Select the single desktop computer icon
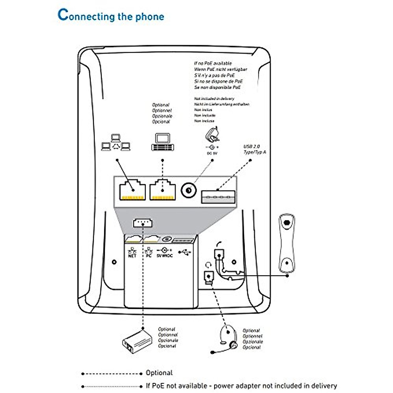[x=162, y=142]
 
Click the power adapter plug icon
[x=212, y=135]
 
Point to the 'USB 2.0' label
[x=252, y=147]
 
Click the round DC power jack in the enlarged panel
[x=188, y=190]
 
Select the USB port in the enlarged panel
[x=218, y=196]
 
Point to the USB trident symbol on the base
[x=185, y=253]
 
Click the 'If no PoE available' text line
[x=213, y=63]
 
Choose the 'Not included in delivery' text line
[x=214, y=99]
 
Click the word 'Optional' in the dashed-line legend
[x=159, y=373]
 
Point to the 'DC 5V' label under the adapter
[x=212, y=153]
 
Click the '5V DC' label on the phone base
[x=164, y=255]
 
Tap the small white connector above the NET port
[x=142, y=223]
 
